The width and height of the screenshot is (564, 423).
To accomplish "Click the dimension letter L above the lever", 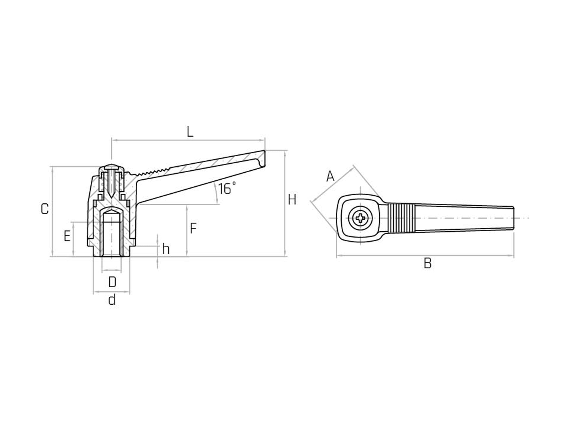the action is [x=190, y=131].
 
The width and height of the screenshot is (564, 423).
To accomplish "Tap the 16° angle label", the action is [x=227, y=189].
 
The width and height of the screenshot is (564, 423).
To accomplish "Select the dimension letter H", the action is [x=292, y=200].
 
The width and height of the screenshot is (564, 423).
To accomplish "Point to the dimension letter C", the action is [x=45, y=209].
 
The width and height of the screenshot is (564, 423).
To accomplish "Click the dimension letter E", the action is [x=67, y=236].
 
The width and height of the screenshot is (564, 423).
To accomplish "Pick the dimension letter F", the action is [x=193, y=229].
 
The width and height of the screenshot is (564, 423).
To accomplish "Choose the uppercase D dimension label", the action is [x=112, y=282].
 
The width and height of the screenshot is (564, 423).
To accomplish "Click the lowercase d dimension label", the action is [x=112, y=300].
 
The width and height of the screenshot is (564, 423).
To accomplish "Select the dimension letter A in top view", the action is [x=330, y=176].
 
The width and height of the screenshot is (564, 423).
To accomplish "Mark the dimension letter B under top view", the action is [x=427, y=263].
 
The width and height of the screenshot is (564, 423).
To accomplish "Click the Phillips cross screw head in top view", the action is [x=360, y=218].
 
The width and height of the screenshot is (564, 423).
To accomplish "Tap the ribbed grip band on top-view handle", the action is [x=400, y=218].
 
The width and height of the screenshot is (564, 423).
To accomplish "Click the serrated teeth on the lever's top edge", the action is [x=152, y=171].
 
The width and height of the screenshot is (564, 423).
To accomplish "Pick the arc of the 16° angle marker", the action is [x=216, y=193].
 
